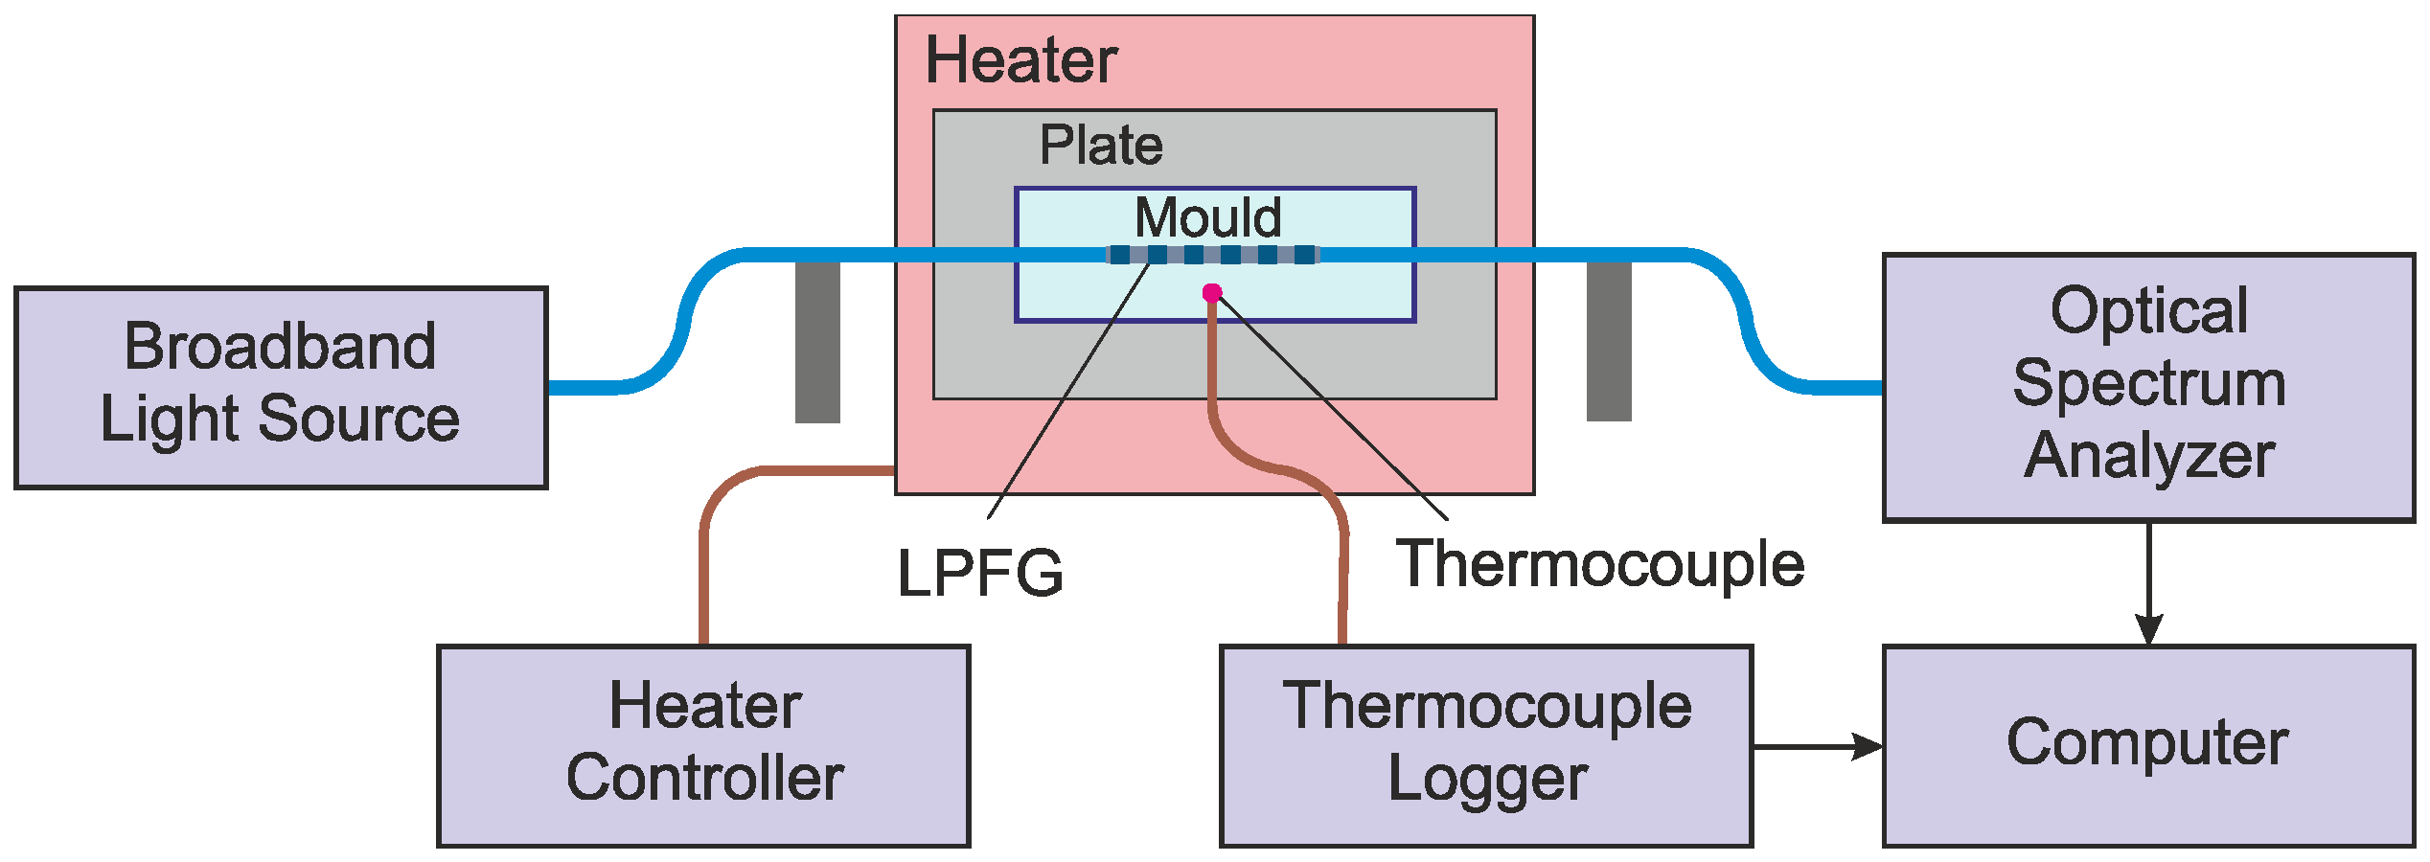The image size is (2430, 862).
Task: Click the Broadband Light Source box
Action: tap(281, 387)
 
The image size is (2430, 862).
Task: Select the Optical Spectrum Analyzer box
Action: tap(2148, 387)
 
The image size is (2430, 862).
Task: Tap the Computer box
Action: tap(2148, 745)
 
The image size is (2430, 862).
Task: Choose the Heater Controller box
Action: tap(704, 745)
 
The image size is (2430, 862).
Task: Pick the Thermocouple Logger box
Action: tap(1486, 745)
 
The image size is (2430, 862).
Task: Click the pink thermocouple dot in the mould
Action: tap(1212, 293)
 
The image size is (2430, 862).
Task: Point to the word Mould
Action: tap(1208, 217)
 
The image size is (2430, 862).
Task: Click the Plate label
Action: tap(1101, 146)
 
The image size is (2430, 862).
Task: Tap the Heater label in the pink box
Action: tap(1020, 60)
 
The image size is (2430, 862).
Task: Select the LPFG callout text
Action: tap(979, 574)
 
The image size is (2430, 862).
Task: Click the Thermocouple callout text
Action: tap(1599, 564)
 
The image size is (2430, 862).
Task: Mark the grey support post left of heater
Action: tap(817, 342)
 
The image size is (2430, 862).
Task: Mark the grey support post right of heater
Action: tap(1609, 342)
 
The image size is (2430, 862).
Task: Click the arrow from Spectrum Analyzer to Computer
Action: tap(2149, 584)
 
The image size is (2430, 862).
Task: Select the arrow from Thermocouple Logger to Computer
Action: tap(1817, 746)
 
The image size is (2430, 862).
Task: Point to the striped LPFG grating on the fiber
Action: tap(1212, 255)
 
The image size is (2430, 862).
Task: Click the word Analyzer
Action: tap(2148, 455)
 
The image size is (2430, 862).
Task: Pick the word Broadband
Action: tap(281, 347)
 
